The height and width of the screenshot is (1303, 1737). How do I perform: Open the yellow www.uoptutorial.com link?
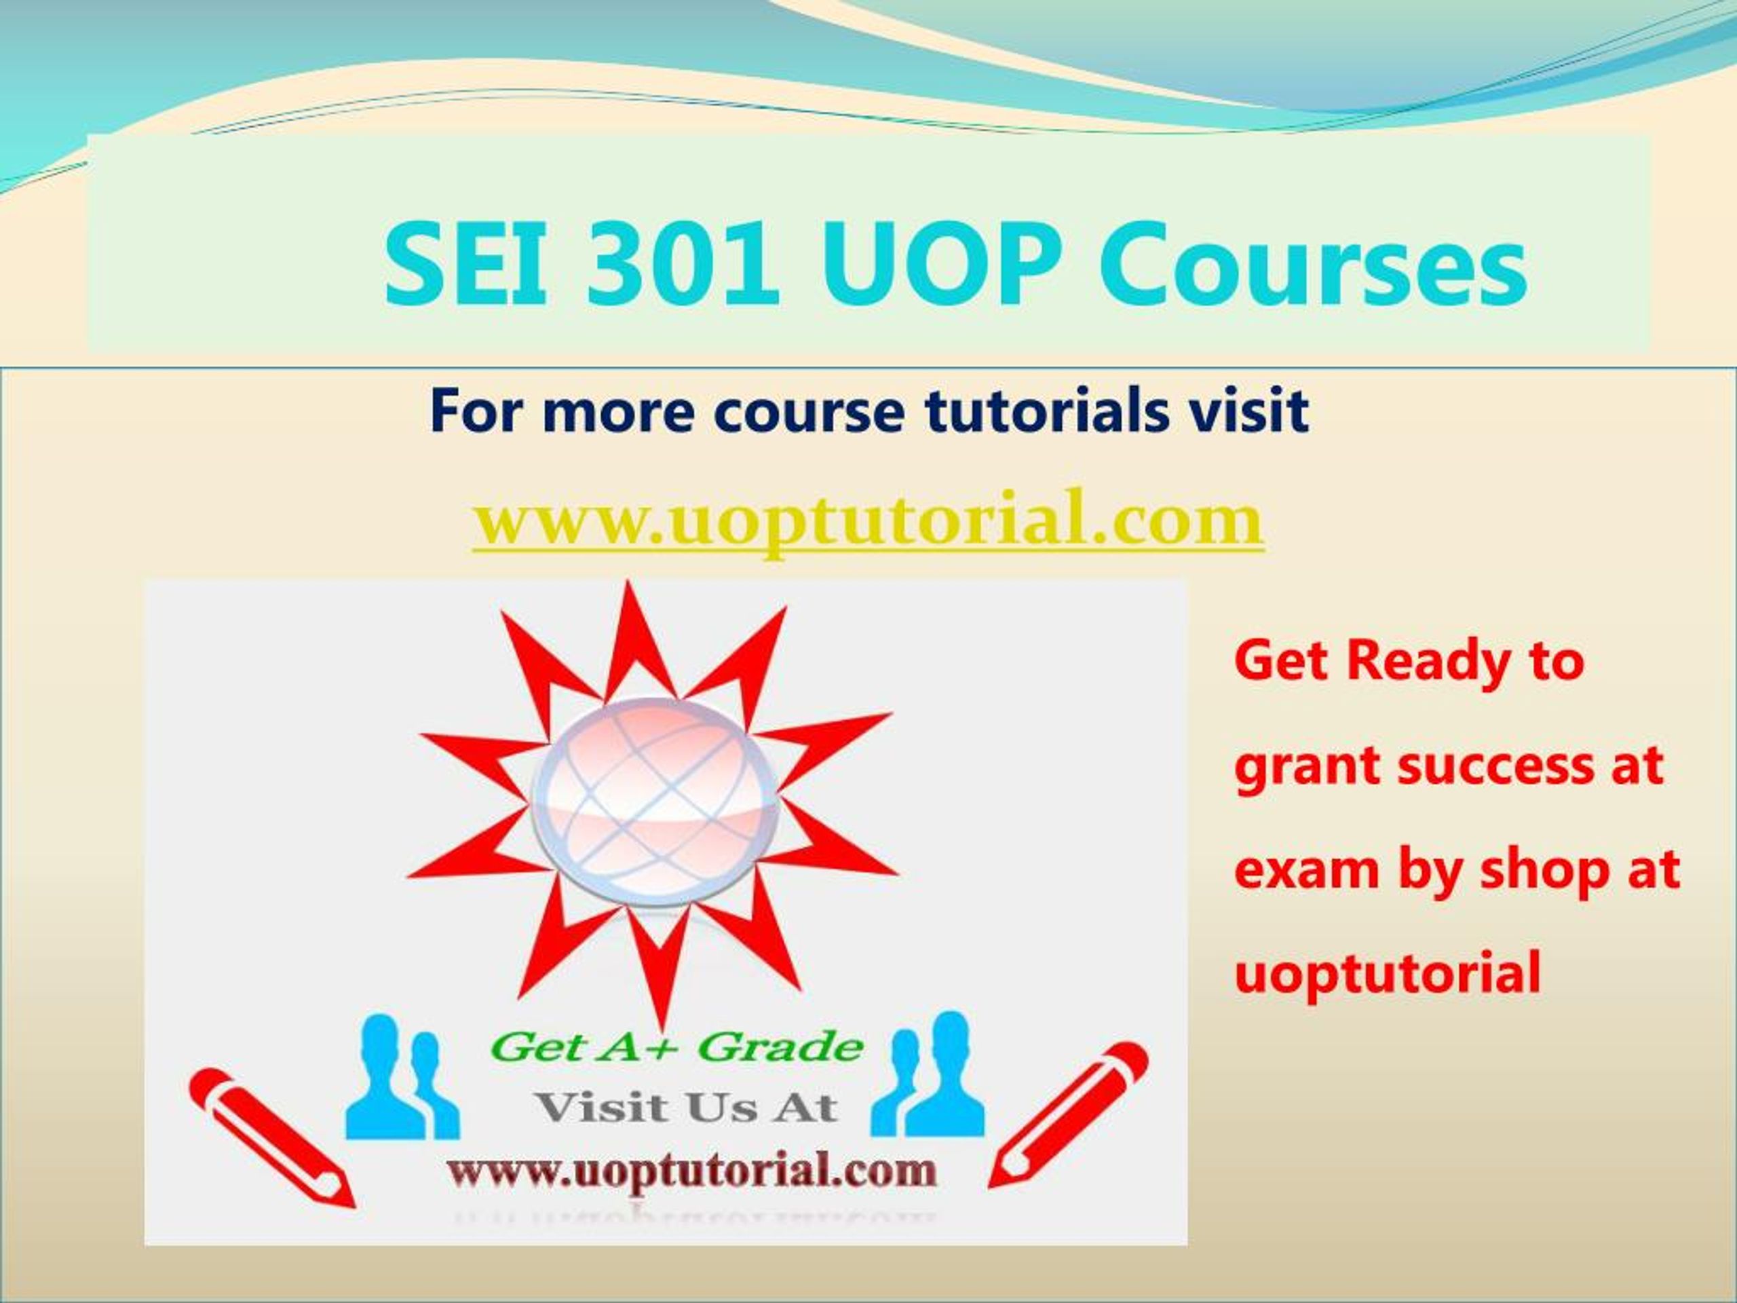(x=868, y=521)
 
